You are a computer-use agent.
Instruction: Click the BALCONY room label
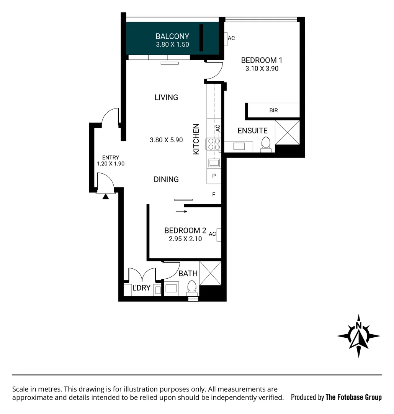(x=172, y=36)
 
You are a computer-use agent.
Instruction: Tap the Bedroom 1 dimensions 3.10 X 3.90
(x=262, y=69)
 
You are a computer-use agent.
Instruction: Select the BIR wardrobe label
(x=273, y=110)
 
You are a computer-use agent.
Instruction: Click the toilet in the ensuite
(x=265, y=144)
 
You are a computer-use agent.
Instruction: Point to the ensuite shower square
(x=287, y=132)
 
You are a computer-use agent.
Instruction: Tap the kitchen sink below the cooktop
(x=214, y=163)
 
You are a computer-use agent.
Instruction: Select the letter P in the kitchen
(x=214, y=176)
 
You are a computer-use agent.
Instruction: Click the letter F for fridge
(x=214, y=195)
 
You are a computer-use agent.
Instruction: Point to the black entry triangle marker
(x=105, y=196)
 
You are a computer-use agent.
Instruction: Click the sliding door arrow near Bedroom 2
(x=181, y=211)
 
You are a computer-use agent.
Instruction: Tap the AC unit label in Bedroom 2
(x=213, y=234)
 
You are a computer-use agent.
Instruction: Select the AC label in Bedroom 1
(x=231, y=38)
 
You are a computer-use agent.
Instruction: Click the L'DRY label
(x=141, y=288)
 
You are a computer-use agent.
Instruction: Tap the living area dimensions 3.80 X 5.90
(x=167, y=140)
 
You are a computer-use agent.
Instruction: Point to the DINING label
(x=166, y=179)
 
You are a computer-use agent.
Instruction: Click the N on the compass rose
(x=359, y=326)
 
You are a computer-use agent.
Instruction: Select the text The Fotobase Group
(x=353, y=397)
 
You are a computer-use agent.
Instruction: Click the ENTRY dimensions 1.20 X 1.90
(x=111, y=163)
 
